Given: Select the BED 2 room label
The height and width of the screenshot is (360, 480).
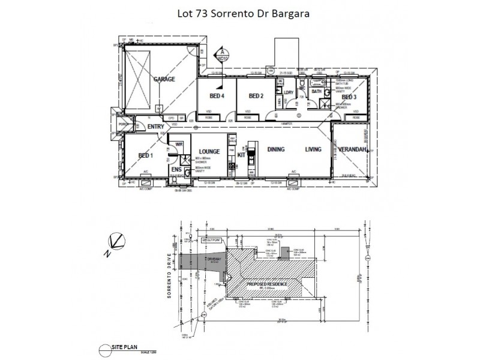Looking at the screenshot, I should point(256,96).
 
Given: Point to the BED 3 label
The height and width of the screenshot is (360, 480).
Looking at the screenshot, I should point(349,97).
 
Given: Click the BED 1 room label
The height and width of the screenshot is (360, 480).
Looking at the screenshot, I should point(146,155).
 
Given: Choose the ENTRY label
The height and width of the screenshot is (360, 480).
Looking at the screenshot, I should point(155,127).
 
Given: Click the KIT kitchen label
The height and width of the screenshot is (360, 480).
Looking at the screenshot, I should point(242,155).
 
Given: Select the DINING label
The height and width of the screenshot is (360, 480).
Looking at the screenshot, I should point(275,149).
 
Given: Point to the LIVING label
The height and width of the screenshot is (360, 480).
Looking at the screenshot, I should point(313,149).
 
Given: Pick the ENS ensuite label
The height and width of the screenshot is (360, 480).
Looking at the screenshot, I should point(176,170).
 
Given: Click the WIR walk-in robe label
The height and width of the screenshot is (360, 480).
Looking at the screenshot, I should point(178,144).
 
